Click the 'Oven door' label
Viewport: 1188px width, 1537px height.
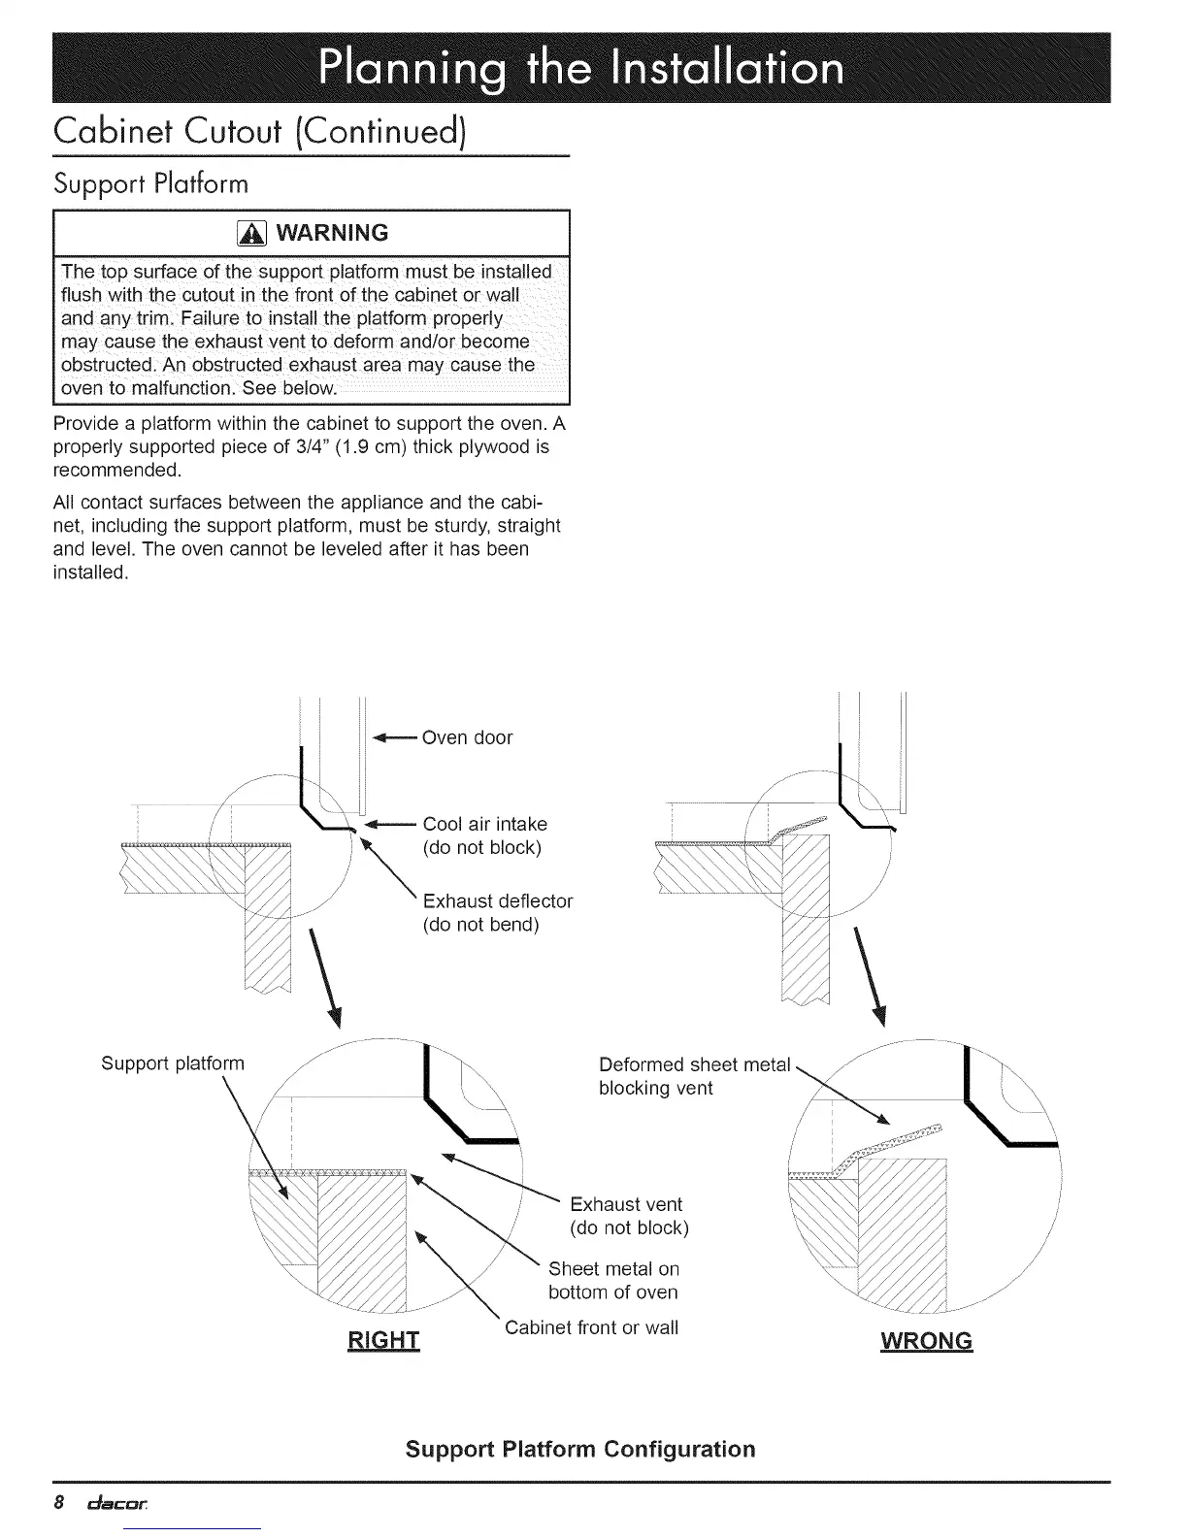click(468, 737)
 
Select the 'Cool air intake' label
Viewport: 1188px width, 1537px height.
click(485, 824)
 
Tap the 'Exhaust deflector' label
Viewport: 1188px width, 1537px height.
click(498, 900)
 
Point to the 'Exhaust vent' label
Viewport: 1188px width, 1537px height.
click(626, 1204)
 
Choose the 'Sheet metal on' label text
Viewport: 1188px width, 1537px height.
click(613, 1269)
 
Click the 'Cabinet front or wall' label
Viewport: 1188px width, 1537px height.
click(591, 1327)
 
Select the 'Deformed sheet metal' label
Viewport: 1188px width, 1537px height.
click(695, 1064)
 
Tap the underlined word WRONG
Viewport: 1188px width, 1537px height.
click(926, 1341)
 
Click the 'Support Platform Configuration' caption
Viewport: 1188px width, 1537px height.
click(580, 1449)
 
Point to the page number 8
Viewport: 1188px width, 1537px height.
click(59, 1504)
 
